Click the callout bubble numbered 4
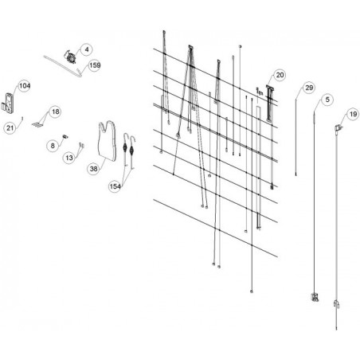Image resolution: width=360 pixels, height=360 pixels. click(x=87, y=49)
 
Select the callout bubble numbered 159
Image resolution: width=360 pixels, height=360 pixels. click(x=95, y=65)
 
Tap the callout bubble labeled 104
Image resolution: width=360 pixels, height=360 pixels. click(x=25, y=86)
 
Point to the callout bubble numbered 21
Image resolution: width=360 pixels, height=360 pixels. click(x=10, y=128)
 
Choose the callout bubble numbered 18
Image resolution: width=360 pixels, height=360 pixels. click(x=56, y=112)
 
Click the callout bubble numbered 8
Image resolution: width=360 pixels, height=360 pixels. click(x=53, y=146)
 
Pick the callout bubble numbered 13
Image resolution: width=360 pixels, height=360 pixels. click(x=69, y=158)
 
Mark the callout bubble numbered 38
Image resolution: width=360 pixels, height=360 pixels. click(x=93, y=169)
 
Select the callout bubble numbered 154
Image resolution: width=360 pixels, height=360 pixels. click(x=115, y=186)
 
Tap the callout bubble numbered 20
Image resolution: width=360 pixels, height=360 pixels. click(x=280, y=75)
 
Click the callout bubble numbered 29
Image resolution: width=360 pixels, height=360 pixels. click(x=309, y=88)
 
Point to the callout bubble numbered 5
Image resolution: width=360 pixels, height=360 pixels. click(x=327, y=100)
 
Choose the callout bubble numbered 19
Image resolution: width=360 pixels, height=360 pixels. click(x=353, y=115)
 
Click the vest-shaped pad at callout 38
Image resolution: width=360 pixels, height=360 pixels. click(x=108, y=141)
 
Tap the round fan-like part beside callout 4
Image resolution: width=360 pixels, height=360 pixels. click(x=70, y=57)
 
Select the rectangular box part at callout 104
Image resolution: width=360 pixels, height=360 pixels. click(x=10, y=103)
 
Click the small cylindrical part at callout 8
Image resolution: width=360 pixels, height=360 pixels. click(x=65, y=136)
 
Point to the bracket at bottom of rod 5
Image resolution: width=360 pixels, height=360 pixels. click(x=315, y=297)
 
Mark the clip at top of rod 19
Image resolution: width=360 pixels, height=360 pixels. click(x=338, y=128)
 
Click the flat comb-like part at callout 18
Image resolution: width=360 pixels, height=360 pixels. click(x=37, y=123)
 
